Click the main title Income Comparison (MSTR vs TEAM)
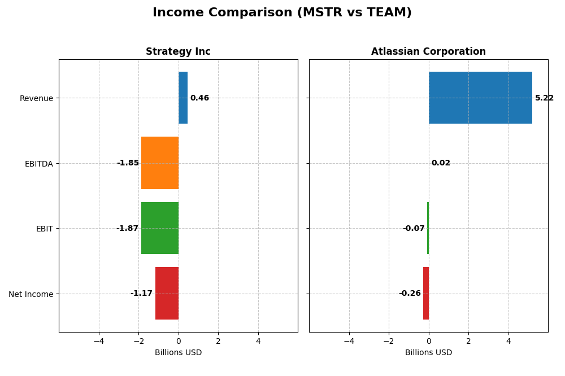coord(282,12)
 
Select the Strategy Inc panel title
coord(178,52)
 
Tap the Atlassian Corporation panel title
coord(428,52)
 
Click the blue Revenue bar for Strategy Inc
coord(183,98)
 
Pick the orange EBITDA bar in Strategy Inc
coord(160,163)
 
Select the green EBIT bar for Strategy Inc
coord(160,228)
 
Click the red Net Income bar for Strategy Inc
coord(167,293)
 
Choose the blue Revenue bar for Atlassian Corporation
coord(480,98)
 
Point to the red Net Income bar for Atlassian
coord(426,293)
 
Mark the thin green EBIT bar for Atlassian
coord(428,228)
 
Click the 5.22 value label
coord(544,98)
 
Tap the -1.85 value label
coord(128,163)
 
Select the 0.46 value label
coord(199,98)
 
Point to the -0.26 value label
coord(410,294)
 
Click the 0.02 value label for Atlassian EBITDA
coord(441,163)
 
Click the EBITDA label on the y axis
coord(38,164)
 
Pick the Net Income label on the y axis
coord(31,294)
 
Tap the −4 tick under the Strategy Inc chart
coord(99,341)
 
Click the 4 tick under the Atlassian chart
coord(508,341)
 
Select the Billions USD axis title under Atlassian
coord(428,353)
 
